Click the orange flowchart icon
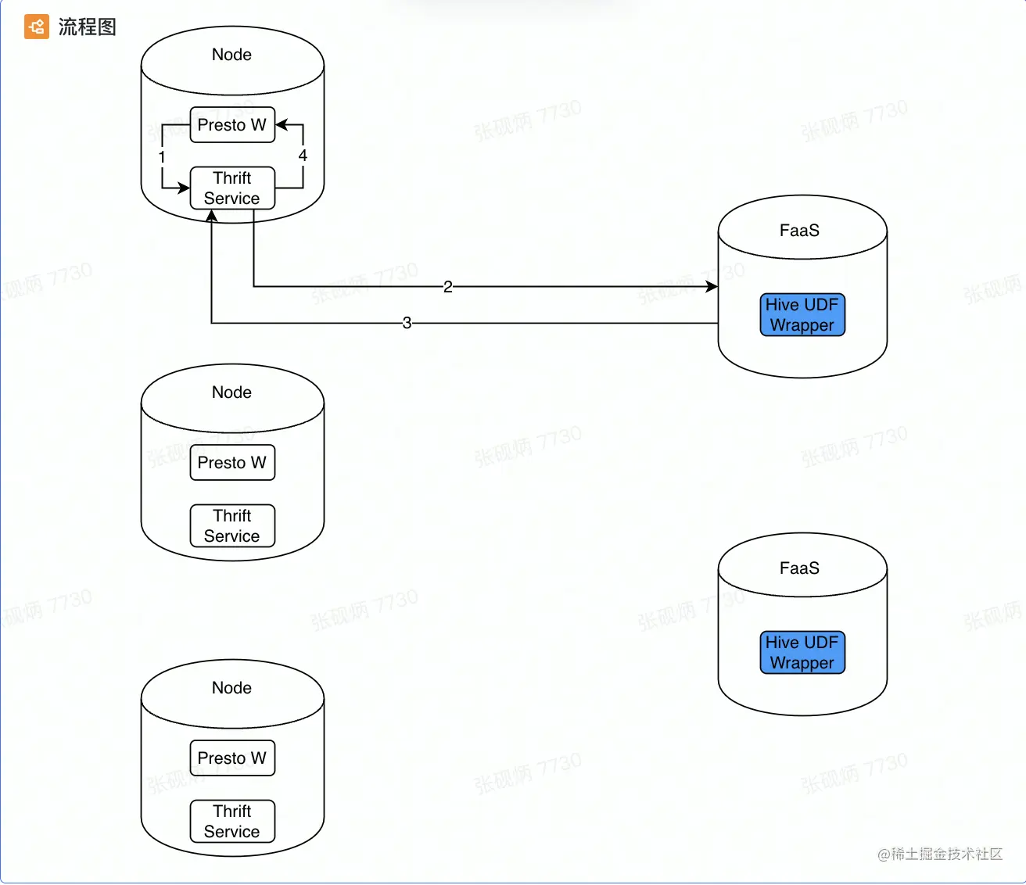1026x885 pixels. (x=36, y=27)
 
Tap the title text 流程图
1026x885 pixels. (x=87, y=27)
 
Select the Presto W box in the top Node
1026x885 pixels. (x=232, y=125)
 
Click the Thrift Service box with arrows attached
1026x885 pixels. (x=232, y=188)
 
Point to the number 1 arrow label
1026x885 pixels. (x=162, y=157)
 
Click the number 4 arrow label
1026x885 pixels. (x=303, y=156)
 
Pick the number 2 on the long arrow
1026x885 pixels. (x=447, y=287)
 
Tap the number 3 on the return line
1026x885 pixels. (x=407, y=323)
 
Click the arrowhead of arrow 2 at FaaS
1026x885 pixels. (x=712, y=287)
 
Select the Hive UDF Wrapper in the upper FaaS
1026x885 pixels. (x=802, y=315)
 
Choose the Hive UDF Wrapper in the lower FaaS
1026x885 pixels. (x=802, y=653)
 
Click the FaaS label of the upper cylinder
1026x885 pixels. (x=799, y=231)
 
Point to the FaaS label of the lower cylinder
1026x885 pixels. (x=799, y=568)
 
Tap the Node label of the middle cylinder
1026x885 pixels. (x=231, y=392)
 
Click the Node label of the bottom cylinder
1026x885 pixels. (x=231, y=688)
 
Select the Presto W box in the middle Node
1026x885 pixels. (x=232, y=463)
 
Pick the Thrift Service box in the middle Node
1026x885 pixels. (x=232, y=526)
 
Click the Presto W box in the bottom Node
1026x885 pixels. (x=232, y=758)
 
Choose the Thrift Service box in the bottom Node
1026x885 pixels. (x=232, y=822)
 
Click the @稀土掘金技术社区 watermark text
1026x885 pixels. (x=940, y=854)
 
